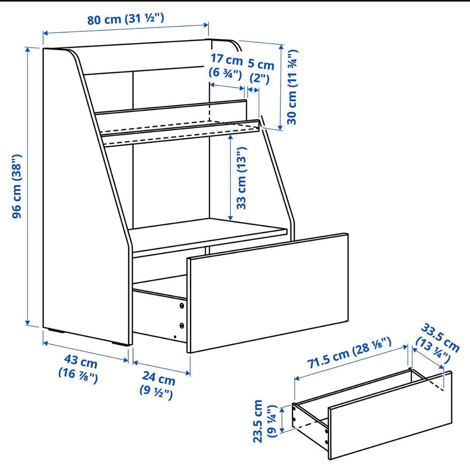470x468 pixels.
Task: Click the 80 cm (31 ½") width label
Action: (126, 19)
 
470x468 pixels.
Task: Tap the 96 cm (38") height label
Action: (17, 186)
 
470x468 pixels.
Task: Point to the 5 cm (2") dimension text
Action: (260, 71)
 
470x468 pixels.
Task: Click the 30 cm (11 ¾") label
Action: (292, 87)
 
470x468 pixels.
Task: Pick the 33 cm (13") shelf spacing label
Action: (241, 178)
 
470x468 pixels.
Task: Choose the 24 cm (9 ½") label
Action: (157, 385)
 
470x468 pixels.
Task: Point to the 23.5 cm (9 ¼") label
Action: (264, 421)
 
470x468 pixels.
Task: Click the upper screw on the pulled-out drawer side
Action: (182, 306)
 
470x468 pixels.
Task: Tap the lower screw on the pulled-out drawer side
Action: (182, 325)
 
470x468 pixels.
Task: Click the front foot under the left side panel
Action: (121, 344)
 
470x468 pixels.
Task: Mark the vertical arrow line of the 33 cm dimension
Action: (230, 178)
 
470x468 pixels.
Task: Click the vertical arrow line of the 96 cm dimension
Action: (28, 186)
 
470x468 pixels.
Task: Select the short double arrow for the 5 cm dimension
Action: (254, 90)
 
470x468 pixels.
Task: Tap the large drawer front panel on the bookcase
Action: (268, 292)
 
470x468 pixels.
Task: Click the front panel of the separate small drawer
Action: (390, 415)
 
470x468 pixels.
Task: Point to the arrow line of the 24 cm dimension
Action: (162, 368)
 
